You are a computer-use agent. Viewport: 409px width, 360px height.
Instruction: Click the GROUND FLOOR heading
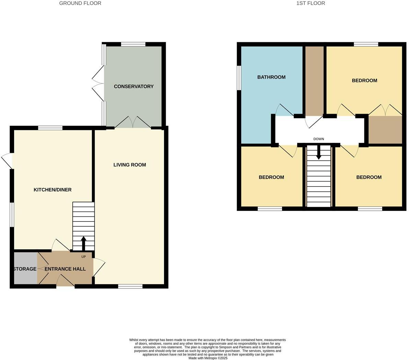tap(80, 3)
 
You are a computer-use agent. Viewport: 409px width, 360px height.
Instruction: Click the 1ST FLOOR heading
tap(311, 3)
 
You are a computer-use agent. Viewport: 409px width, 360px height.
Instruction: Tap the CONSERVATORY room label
tap(133, 87)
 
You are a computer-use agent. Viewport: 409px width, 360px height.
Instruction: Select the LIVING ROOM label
tap(130, 165)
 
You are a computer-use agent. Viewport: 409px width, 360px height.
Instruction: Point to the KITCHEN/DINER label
tap(52, 190)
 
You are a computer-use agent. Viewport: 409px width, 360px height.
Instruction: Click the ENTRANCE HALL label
tap(65, 269)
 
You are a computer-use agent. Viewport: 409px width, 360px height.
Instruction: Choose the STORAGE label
tap(25, 269)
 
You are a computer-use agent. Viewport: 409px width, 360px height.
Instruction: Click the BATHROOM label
tap(271, 77)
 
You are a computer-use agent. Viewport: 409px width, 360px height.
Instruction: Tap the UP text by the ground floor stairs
tap(83, 257)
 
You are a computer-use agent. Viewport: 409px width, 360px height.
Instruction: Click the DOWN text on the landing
tap(318, 139)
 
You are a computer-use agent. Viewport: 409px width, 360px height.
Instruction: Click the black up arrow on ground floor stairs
tap(83, 243)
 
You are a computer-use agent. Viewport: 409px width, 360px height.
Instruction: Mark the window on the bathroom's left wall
tap(239, 78)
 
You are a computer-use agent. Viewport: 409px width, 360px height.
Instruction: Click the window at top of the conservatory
tap(133, 44)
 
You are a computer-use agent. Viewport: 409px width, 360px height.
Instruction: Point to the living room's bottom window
tap(130, 286)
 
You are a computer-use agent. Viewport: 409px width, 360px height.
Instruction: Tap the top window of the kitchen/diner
tap(50, 128)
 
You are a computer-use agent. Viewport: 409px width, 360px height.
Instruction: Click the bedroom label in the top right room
tap(364, 81)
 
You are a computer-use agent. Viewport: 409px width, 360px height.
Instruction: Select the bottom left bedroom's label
tap(271, 178)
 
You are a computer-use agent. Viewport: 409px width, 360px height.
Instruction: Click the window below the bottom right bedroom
tap(370, 209)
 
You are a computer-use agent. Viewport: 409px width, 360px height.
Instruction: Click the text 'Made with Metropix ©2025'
tap(208, 358)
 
